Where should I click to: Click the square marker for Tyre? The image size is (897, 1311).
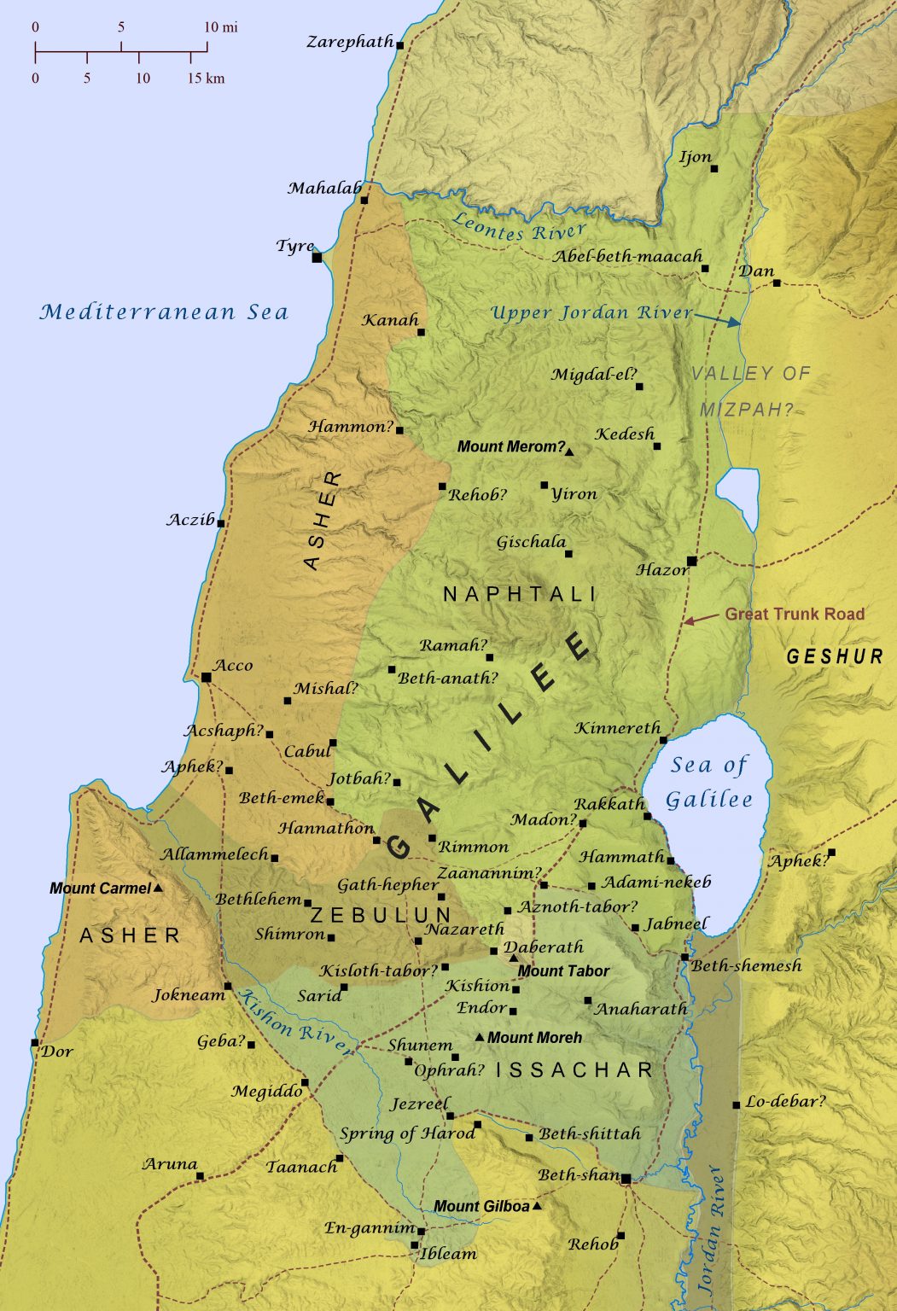coord(317,257)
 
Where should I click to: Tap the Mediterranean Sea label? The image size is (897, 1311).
coord(164,312)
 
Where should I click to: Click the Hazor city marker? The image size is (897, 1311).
coord(691,561)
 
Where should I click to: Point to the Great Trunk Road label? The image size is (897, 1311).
coord(794,614)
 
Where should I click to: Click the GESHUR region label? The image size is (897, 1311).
coord(835,656)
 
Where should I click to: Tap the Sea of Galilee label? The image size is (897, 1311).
coord(709,782)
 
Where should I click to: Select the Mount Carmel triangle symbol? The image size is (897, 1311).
coord(157,888)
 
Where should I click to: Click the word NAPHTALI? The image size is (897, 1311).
coord(520,594)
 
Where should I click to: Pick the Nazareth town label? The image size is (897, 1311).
coord(465,929)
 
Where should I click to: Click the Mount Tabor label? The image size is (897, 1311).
coord(563,970)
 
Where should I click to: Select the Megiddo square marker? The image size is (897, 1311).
coord(305,1082)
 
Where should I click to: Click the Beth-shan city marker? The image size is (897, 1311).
coord(626,1179)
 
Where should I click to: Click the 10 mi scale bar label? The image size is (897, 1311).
coord(221,27)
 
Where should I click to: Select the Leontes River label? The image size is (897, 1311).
coord(519,228)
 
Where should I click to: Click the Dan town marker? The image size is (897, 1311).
coord(777,282)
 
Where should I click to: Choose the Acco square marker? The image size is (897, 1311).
coord(206,677)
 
